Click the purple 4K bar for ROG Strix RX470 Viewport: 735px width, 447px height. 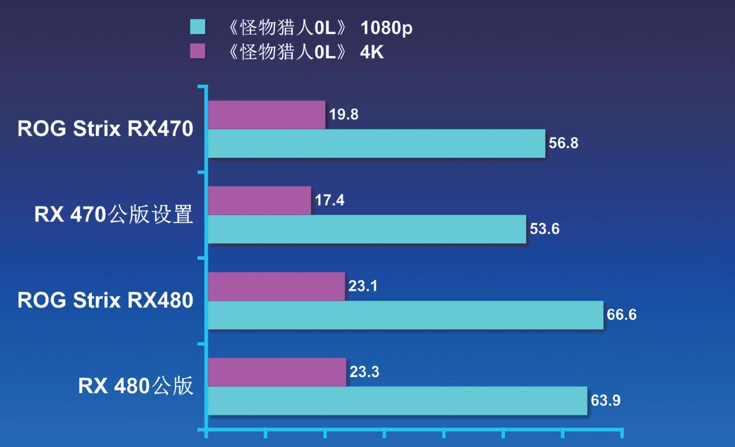(x=266, y=115)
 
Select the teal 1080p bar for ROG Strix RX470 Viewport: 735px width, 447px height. (x=376, y=144)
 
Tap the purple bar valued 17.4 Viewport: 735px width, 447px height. (x=259, y=201)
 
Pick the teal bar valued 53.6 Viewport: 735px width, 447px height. (x=366, y=229)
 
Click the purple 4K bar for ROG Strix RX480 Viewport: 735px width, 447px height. (x=276, y=286)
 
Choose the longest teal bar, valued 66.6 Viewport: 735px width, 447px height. (x=405, y=315)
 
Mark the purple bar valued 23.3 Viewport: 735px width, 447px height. (x=277, y=372)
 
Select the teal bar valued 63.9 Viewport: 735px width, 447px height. (x=397, y=401)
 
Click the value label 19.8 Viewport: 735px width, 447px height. (x=344, y=115)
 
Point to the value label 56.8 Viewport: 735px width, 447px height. (x=563, y=143)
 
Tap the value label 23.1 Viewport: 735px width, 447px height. (x=362, y=286)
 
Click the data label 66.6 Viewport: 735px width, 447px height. (x=621, y=315)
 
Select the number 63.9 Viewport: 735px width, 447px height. (x=605, y=401)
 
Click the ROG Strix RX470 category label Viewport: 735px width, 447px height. (x=105, y=129)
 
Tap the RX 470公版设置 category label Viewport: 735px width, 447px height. (x=114, y=214)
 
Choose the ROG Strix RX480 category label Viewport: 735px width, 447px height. (x=105, y=300)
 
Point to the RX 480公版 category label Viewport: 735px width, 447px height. (x=135, y=386)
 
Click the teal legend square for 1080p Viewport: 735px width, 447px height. (x=198, y=27)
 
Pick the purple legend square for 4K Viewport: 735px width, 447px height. (x=198, y=51)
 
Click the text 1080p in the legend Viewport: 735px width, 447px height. (x=386, y=27)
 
